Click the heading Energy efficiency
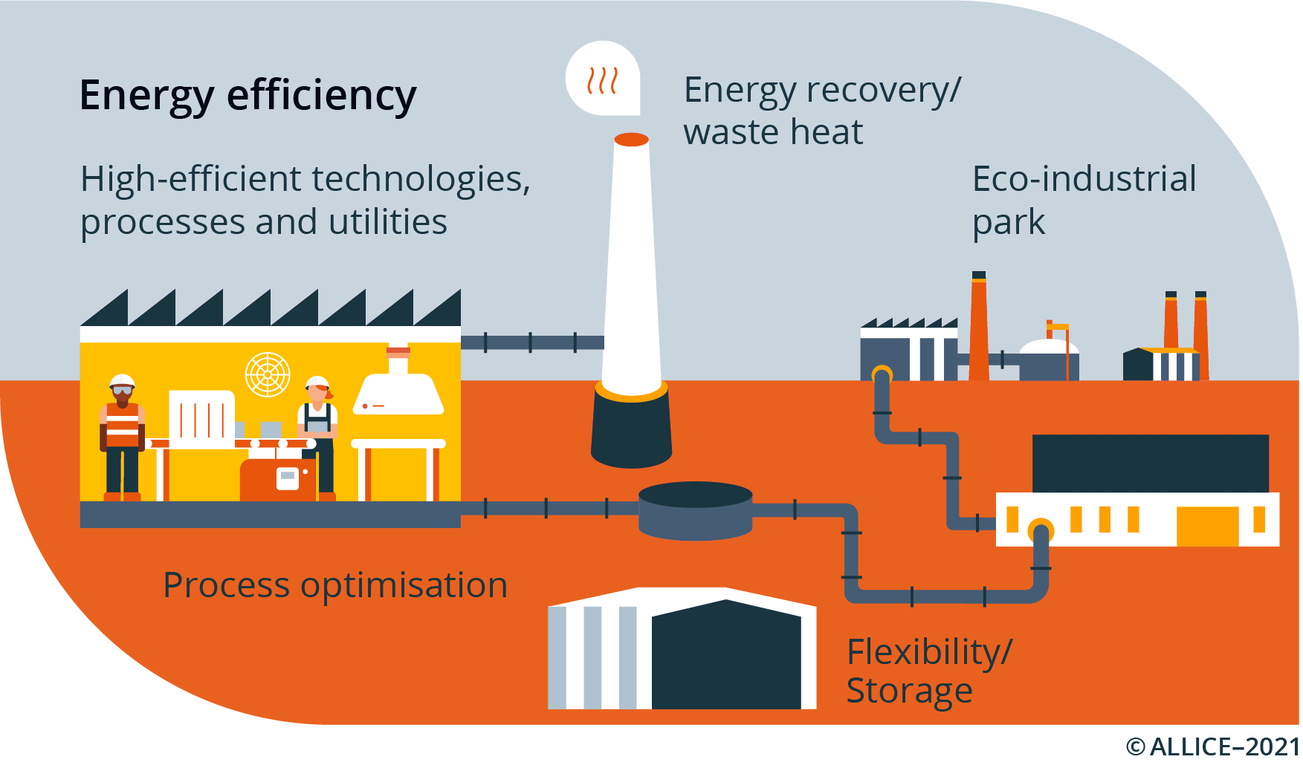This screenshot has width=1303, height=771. (x=248, y=97)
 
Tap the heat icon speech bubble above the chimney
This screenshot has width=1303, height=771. (x=603, y=79)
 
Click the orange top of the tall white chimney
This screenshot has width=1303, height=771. (x=632, y=140)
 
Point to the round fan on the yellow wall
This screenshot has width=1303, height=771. (x=268, y=374)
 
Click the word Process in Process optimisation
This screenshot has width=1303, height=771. (x=226, y=585)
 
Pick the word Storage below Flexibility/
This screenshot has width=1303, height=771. (x=909, y=691)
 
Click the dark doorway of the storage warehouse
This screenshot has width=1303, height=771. (x=726, y=657)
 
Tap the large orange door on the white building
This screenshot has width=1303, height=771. (x=1207, y=526)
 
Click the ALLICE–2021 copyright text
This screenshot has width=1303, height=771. (x=1213, y=746)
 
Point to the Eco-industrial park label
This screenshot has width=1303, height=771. (x=1084, y=200)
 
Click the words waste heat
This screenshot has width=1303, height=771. (x=773, y=132)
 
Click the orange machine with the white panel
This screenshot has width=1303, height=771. (x=278, y=479)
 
